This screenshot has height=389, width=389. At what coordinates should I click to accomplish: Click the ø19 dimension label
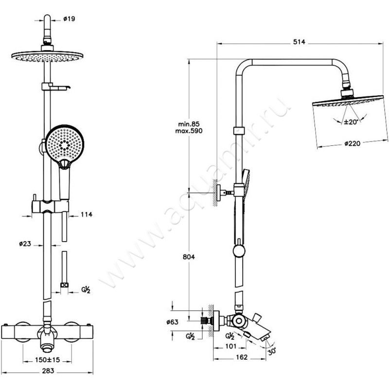coord(69,19)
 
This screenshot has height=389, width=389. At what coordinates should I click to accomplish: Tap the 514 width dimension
coord(299,42)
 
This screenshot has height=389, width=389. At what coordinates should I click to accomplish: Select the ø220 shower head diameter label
coord(353,143)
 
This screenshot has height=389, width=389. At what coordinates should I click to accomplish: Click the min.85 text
coord(189,124)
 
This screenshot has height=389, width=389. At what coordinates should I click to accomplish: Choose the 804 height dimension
coord(189,257)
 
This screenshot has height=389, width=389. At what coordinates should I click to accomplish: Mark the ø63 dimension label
coord(173,322)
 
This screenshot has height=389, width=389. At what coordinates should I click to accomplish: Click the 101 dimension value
coord(231,346)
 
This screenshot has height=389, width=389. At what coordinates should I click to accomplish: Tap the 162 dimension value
coord(242,357)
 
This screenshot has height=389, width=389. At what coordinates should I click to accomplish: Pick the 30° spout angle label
coord(272,352)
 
